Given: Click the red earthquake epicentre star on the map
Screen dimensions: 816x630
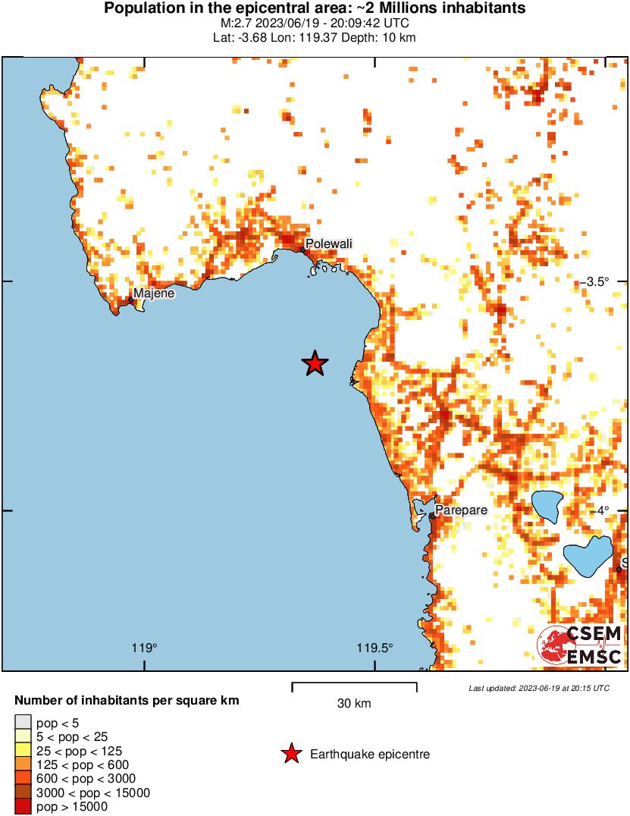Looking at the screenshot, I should [315, 364].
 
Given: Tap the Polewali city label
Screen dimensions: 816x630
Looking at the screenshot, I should [328, 243].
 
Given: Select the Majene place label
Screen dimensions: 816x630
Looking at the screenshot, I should [154, 293].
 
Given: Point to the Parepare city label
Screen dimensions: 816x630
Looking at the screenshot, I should [461, 510].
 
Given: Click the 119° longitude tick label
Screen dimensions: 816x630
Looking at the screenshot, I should [144, 648].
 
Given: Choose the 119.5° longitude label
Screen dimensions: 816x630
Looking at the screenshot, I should [375, 648].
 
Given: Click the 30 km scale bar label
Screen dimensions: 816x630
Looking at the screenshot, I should [354, 704].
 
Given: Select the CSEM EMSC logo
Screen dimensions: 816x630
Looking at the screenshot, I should [580, 645].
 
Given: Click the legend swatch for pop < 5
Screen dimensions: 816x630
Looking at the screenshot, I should [24, 723].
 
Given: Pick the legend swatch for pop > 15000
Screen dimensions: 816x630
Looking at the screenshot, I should [24, 806].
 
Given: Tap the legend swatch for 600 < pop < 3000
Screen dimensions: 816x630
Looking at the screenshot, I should [24, 779].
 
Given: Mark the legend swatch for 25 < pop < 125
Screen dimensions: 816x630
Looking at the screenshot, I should [24, 751].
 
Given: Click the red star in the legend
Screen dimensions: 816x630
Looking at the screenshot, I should [290, 754].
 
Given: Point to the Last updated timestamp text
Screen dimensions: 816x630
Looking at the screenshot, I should [538, 688].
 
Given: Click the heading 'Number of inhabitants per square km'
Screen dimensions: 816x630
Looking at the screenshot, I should [127, 700].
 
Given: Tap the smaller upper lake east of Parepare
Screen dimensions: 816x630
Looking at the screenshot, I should [547, 504].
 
